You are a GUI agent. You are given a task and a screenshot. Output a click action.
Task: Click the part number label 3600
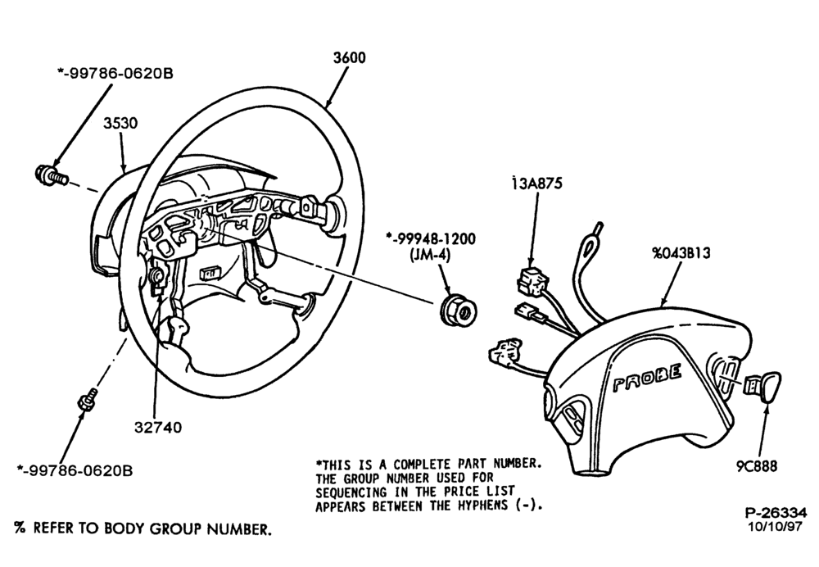tap(350, 57)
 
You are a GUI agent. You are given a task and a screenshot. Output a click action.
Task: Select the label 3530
tap(120, 124)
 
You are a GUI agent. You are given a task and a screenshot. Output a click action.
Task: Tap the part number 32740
tap(158, 428)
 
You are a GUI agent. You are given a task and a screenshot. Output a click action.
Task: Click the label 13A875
tap(537, 184)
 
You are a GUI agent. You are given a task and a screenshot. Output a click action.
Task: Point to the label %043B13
tap(681, 253)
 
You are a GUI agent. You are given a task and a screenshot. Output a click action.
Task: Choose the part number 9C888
tap(758, 465)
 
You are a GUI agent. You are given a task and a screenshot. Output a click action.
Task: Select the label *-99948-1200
tap(431, 238)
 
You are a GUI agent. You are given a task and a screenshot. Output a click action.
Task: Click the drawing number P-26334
tap(776, 513)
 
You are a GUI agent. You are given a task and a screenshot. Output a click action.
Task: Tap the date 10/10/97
tap(776, 526)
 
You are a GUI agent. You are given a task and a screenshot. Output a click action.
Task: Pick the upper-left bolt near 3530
tap(51, 175)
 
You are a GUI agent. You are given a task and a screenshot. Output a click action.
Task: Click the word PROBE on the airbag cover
tap(647, 379)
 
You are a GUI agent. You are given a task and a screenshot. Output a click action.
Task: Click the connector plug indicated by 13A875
tap(530, 280)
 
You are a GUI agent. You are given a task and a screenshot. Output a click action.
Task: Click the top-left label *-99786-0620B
tap(115, 74)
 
